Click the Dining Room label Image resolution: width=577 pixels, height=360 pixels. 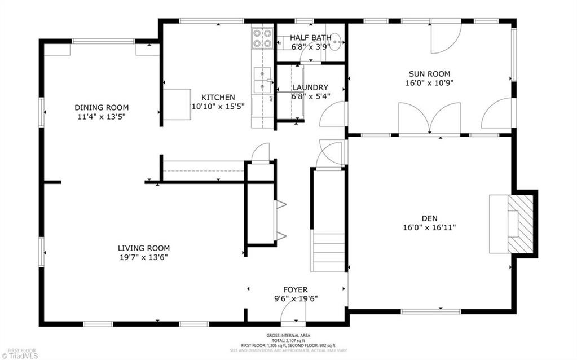pos(102,107)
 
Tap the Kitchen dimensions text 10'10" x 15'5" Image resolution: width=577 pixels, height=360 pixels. pos(218,106)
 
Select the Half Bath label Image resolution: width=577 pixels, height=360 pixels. pos(310,38)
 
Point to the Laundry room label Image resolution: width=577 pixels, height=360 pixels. pos(310,87)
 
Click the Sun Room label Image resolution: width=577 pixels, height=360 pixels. pos(429,73)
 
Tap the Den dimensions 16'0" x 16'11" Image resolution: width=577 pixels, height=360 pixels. pos(430,227)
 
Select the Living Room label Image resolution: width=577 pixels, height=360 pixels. pos(143,248)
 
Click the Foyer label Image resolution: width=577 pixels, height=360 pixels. pos(295,290)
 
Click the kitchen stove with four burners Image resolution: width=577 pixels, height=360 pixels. pos(261,37)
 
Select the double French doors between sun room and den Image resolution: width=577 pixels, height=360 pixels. pos(429,119)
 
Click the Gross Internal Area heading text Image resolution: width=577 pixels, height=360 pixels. pos(288,336)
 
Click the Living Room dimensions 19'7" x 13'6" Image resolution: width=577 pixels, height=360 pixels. pos(143,257)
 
